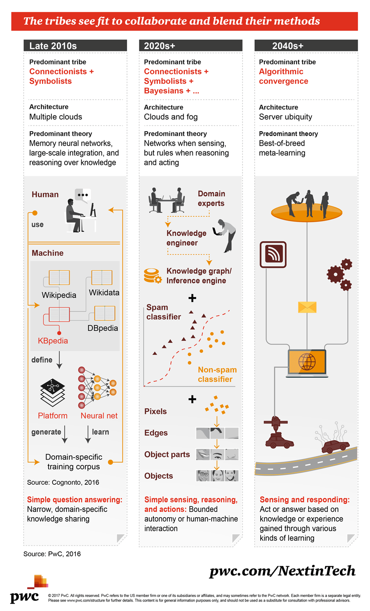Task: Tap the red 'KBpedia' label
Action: [53, 341]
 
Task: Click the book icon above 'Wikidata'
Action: [102, 278]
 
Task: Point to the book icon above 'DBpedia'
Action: [104, 313]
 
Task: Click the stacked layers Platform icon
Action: [53, 393]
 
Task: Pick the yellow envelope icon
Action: [307, 307]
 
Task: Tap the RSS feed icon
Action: [273, 255]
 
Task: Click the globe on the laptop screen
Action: [307, 362]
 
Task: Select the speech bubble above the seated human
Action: [83, 195]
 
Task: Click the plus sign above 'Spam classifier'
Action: [192, 298]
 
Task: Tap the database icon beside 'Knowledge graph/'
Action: [153, 276]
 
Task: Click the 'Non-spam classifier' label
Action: [217, 374]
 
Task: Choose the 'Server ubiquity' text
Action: [285, 117]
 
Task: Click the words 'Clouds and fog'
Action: [171, 117]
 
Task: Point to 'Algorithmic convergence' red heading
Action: [283, 76]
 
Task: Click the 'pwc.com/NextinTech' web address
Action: [282, 571]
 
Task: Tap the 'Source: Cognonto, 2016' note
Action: [63, 482]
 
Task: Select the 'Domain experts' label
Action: [211, 198]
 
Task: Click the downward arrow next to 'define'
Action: [60, 360]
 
